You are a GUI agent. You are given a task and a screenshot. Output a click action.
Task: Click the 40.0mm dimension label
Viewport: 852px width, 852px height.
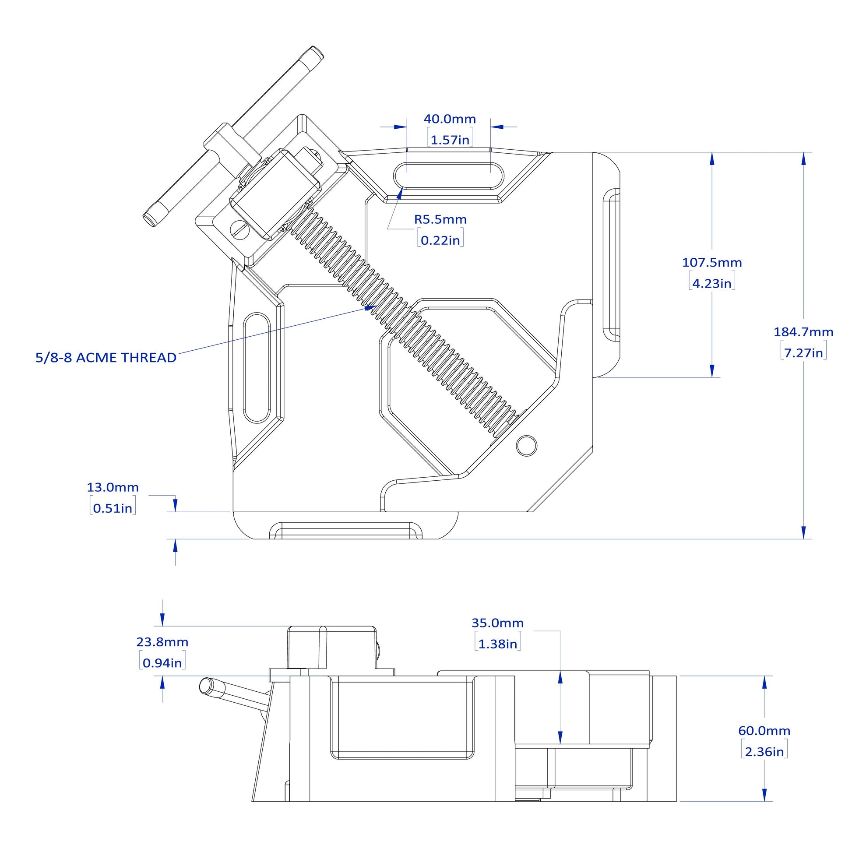coord(449,119)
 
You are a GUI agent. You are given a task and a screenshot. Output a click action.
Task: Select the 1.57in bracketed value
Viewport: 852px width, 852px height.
coord(450,140)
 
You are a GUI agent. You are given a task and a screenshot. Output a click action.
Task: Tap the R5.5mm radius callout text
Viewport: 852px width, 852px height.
coord(440,219)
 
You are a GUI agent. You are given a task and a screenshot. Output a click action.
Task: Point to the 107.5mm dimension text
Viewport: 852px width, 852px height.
coord(712,262)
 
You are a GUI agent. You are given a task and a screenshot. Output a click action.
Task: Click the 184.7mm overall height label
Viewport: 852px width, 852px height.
coord(803,332)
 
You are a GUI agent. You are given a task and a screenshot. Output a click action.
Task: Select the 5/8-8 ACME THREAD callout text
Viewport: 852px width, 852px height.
coord(106,358)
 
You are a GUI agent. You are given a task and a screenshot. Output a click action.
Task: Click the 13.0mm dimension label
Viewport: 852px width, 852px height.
coord(113,487)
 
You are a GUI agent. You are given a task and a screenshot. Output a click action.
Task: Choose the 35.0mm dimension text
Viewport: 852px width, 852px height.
coord(497,623)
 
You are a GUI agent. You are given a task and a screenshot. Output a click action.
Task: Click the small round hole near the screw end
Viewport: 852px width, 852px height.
coord(526,445)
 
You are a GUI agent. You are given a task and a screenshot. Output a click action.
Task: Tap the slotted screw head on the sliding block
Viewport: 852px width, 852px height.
coord(240,229)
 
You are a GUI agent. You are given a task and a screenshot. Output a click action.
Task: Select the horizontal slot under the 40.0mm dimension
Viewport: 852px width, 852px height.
coord(449,175)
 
